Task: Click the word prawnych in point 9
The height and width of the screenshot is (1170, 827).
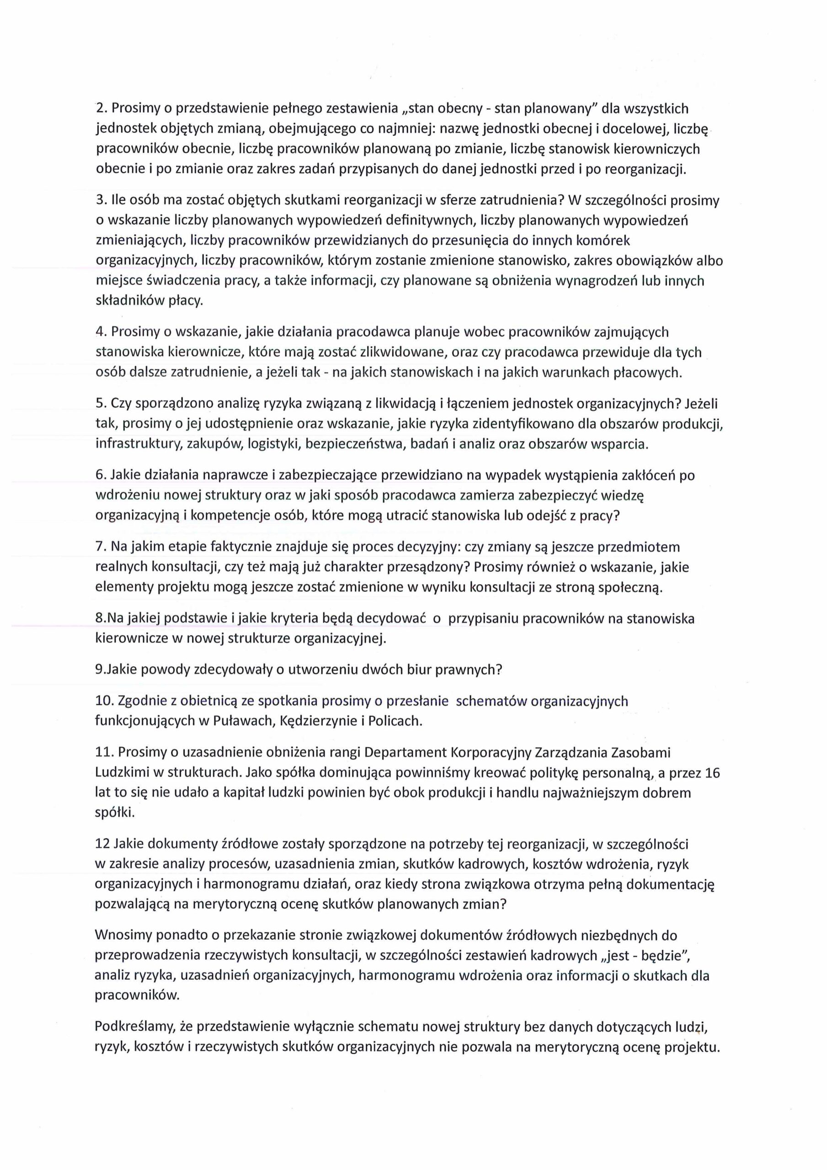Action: tap(469, 670)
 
